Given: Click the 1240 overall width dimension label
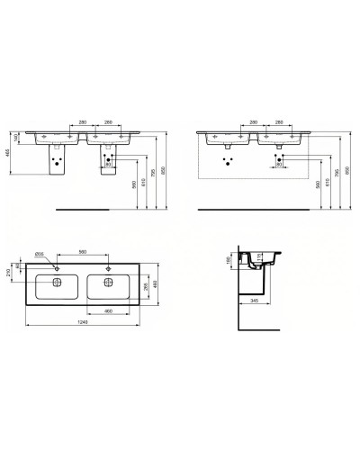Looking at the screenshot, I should coord(81,322).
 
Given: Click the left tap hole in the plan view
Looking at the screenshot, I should coord(57,267).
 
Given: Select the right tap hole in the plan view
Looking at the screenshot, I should coord(107,267).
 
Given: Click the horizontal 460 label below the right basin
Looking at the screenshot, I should coord(107,310).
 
